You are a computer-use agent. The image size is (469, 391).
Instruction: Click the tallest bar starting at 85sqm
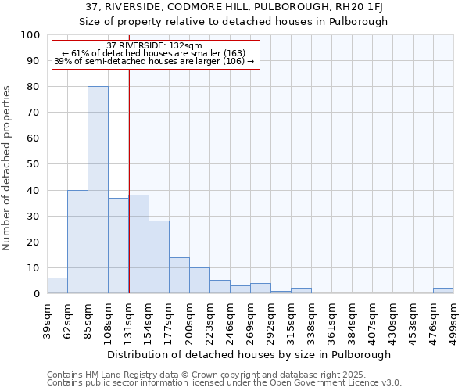click(x=98, y=190)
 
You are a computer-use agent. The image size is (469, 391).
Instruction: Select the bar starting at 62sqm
click(x=77, y=242)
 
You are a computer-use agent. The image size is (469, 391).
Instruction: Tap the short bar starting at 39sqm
click(x=57, y=286)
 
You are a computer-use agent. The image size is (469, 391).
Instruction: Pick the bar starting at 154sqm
click(x=159, y=257)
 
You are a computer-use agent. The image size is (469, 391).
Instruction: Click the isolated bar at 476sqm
click(x=443, y=291)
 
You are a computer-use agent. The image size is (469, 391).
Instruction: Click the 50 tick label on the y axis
click(x=34, y=164)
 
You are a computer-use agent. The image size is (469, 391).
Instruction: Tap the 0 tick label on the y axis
click(x=37, y=294)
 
